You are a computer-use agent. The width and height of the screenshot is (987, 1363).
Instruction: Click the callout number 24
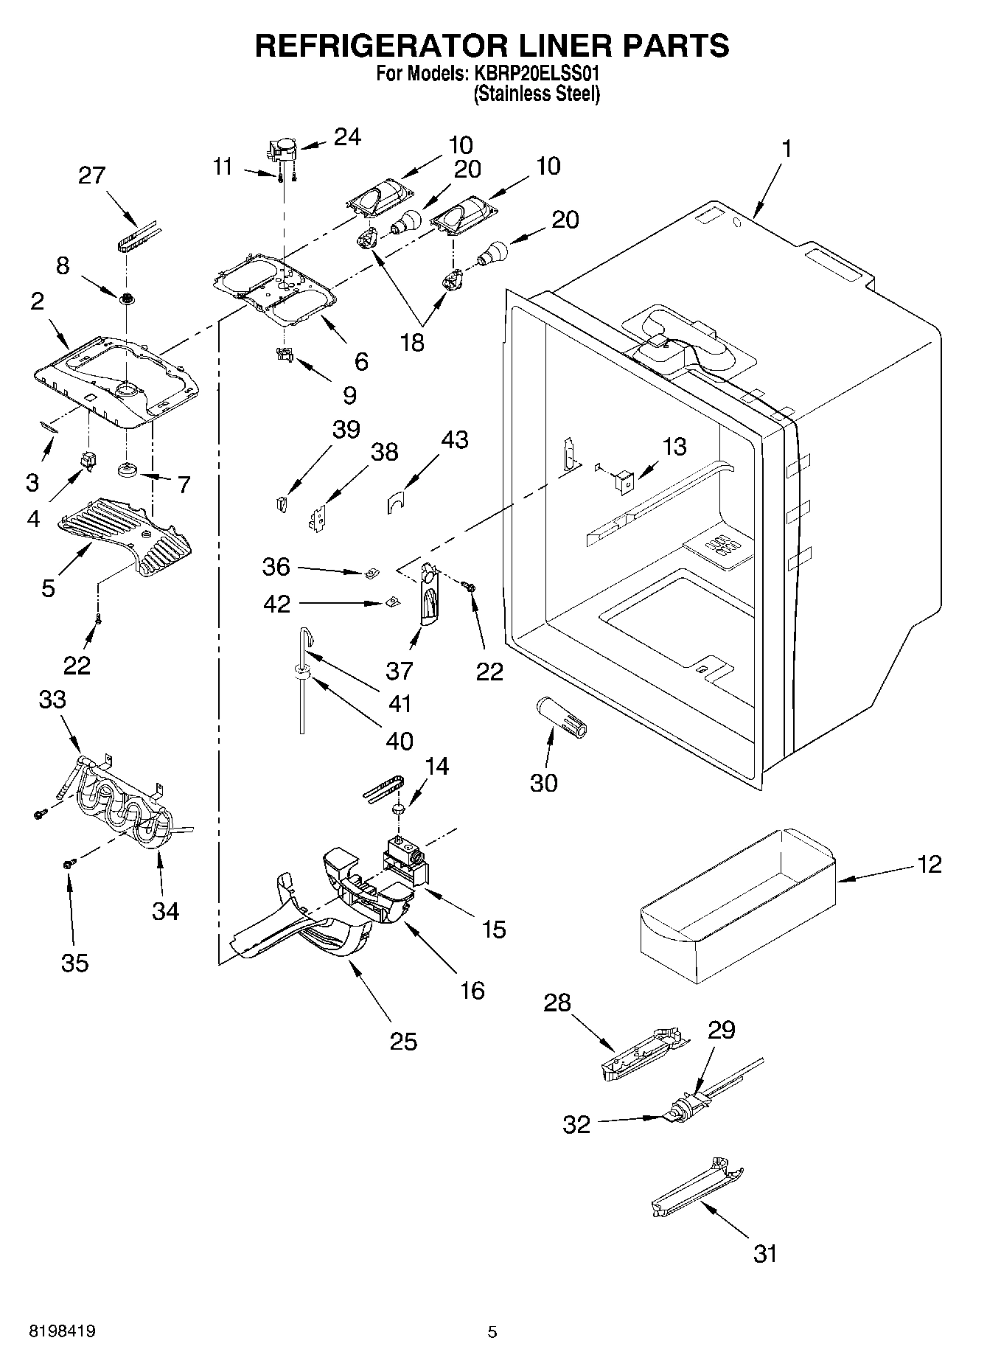[x=347, y=137]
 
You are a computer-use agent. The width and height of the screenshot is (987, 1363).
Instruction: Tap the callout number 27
[x=92, y=176]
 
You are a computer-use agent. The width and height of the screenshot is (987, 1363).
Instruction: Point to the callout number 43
[x=454, y=440]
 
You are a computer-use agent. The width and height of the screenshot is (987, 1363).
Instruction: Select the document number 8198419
[x=61, y=1331]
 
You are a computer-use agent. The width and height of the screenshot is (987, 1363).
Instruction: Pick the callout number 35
[x=75, y=962]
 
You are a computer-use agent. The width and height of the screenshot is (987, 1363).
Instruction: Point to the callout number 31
[x=765, y=1252]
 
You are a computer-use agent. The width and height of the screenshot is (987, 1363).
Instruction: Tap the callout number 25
[x=404, y=1041]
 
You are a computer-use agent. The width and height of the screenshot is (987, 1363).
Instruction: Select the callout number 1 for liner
[x=786, y=150]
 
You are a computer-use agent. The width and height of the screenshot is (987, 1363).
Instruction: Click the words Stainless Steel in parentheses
[x=537, y=94]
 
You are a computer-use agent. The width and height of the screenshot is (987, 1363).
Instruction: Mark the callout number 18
[x=413, y=342]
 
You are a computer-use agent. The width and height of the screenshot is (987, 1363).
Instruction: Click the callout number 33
[x=52, y=700]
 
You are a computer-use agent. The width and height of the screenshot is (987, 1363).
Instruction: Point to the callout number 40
[x=400, y=740]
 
